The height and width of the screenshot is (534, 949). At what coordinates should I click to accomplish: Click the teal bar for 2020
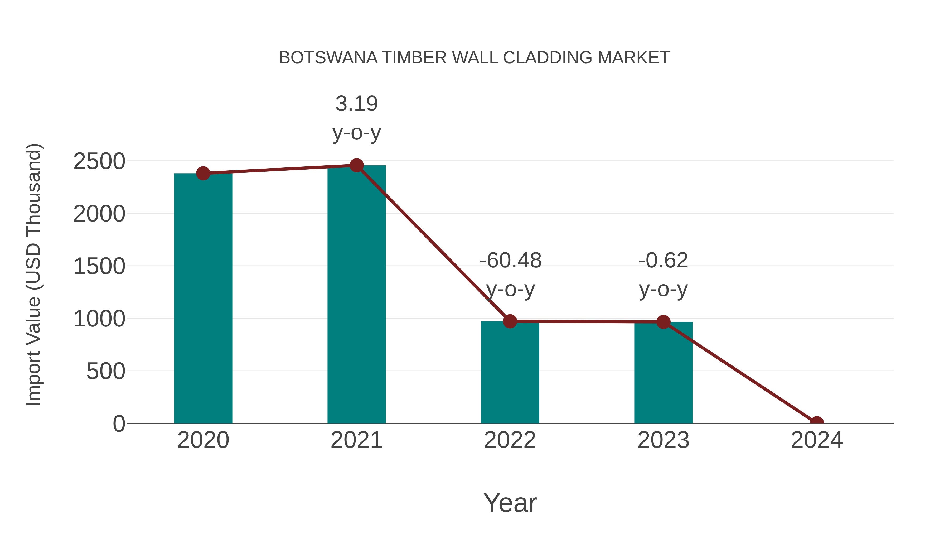click(x=203, y=299)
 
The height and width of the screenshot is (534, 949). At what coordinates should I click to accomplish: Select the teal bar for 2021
click(x=356, y=295)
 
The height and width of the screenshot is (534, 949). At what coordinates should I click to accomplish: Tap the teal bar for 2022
click(x=510, y=372)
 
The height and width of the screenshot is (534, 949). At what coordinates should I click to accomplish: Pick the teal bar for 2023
click(x=663, y=372)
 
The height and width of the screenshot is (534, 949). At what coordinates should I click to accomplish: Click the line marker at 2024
click(x=816, y=422)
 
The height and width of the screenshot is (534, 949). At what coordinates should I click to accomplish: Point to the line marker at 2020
click(x=203, y=173)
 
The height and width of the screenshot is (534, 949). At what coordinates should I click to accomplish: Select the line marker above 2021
click(x=356, y=165)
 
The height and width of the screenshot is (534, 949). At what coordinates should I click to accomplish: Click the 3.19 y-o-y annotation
click(x=356, y=118)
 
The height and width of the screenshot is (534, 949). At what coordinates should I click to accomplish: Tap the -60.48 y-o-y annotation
click(x=510, y=275)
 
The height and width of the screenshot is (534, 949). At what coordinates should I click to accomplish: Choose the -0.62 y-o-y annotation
click(x=663, y=275)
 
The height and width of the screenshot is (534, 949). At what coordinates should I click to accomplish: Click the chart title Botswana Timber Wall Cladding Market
click(x=474, y=58)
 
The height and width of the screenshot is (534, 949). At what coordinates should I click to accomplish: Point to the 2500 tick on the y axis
click(x=99, y=161)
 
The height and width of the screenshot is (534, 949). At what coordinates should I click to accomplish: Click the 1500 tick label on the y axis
click(x=99, y=266)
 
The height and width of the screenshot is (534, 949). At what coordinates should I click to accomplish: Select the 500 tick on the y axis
click(x=105, y=371)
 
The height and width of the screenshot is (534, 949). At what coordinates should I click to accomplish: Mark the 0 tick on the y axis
click(x=119, y=424)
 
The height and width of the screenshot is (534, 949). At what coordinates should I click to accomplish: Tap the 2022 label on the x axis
click(x=510, y=440)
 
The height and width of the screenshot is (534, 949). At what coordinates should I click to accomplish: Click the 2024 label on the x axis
click(x=816, y=440)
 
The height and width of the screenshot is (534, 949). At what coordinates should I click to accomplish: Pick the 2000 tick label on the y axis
click(x=99, y=214)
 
